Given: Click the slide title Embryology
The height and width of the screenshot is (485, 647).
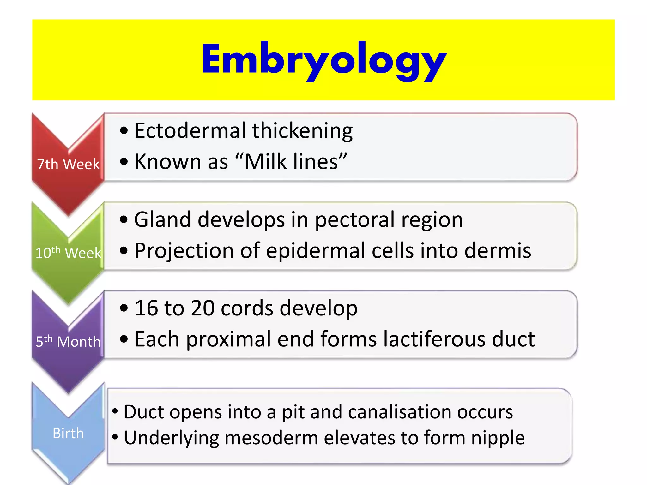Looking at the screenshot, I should [x=323, y=60].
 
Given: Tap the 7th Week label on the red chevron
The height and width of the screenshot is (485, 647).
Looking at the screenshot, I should [x=68, y=164].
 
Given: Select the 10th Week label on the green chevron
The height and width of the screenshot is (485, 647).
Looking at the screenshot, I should [x=68, y=253].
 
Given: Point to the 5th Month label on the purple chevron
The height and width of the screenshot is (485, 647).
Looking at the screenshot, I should [x=68, y=341].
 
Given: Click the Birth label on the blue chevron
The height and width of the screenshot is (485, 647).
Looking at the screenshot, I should [x=68, y=433].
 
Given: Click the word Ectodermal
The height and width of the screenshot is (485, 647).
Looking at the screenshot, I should [x=190, y=130].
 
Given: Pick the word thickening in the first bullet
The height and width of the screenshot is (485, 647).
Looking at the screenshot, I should [x=302, y=131].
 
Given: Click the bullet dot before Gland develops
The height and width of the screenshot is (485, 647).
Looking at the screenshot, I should [x=124, y=219].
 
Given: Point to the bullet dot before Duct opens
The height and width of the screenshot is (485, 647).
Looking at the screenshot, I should [x=115, y=411].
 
